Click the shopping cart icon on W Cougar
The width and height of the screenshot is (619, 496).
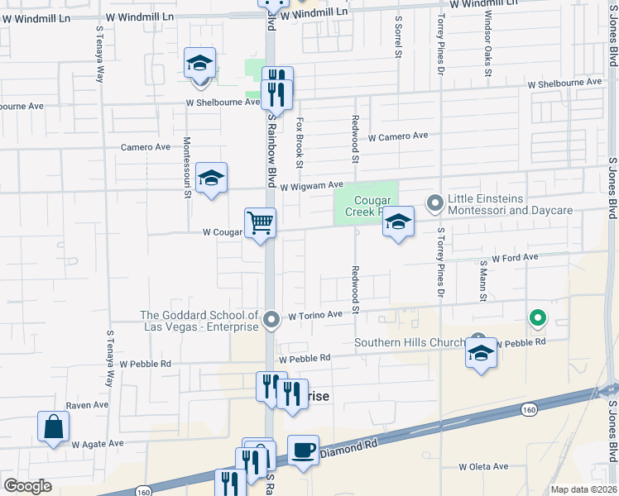[x=260, y=222]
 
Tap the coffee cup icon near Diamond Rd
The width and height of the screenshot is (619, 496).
[x=303, y=450]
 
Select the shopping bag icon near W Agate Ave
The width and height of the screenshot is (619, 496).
[x=53, y=427]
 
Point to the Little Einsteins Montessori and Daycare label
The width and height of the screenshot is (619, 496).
[x=510, y=205]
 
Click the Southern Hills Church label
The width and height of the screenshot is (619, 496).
[x=409, y=342]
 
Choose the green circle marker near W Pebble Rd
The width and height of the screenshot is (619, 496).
[x=537, y=317]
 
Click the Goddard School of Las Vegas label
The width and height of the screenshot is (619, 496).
[x=199, y=320]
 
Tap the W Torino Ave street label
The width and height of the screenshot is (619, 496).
[x=315, y=315]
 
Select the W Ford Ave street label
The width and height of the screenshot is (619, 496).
[x=515, y=258]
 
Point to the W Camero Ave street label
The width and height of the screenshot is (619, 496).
[x=398, y=136]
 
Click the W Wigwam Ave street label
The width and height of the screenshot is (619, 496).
[x=311, y=186]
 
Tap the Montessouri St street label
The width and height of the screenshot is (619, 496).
[x=187, y=167]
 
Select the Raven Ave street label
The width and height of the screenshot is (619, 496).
[x=88, y=405]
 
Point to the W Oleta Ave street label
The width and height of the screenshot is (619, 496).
[x=489, y=467]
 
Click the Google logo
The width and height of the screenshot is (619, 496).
[x=27, y=486]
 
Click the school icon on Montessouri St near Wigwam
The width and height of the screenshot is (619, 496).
[x=211, y=179]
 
